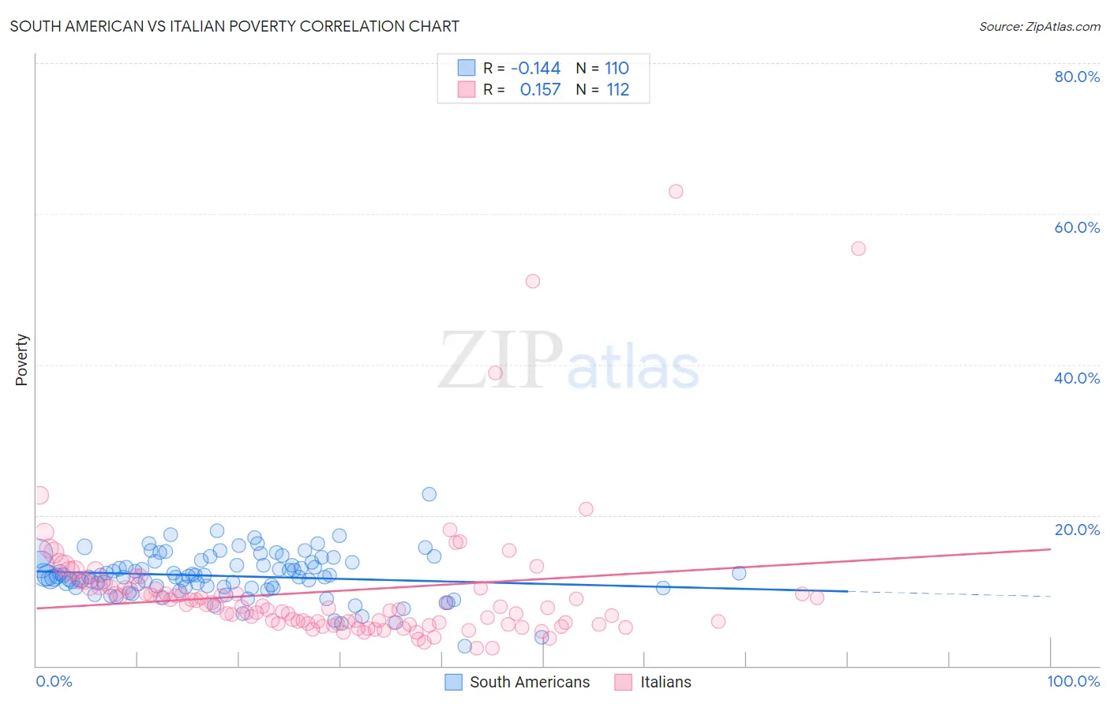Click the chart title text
point(234,26)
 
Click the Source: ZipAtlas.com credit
point(1039,26)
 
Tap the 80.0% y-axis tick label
point(1077,77)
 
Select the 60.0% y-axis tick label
point(1077,227)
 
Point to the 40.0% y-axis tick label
point(1077,378)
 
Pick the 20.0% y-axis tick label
point(1077,530)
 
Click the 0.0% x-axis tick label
point(54,681)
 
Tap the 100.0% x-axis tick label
point(1073,681)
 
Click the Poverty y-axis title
point(21,360)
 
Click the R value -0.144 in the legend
point(535,68)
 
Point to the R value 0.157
point(540,90)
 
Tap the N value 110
point(617,68)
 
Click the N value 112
point(617,90)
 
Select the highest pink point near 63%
point(676,191)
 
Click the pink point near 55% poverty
point(858,249)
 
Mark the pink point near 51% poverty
point(533,281)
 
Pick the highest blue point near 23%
point(429,494)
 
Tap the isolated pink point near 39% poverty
point(495,373)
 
